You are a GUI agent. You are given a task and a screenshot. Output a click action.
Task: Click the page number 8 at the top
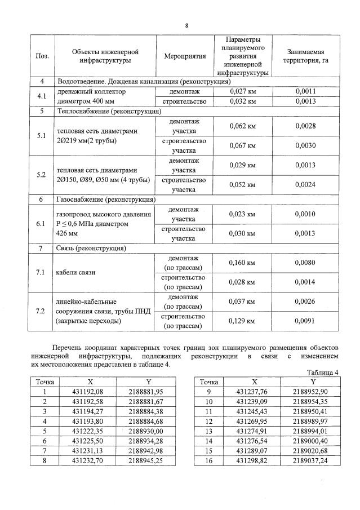point(186,25)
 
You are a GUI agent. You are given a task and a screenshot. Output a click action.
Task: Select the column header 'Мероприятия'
point(185,56)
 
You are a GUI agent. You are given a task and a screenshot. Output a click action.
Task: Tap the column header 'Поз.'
point(42,56)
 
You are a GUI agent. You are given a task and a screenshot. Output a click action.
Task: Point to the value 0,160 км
point(243,263)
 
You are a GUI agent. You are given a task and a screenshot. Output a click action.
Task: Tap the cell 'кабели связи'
point(75,272)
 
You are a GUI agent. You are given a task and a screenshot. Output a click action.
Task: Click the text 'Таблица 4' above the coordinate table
point(323,372)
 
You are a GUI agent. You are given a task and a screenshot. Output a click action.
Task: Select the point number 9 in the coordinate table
point(208,392)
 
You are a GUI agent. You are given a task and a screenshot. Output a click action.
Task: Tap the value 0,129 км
point(243,321)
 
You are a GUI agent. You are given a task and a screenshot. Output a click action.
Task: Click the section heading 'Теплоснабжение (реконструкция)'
point(108,112)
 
